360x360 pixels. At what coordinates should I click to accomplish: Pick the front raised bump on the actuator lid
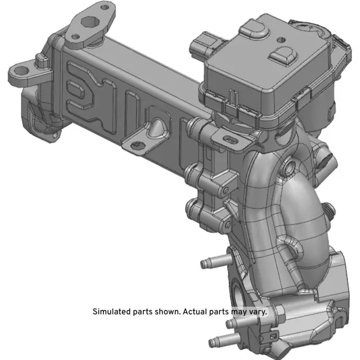pos(283,55)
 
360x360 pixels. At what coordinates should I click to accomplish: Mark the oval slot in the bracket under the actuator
pos(232,136)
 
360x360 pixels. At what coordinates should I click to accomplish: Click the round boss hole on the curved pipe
pos(288,165)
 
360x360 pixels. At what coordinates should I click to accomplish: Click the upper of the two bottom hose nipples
pos(233,323)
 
